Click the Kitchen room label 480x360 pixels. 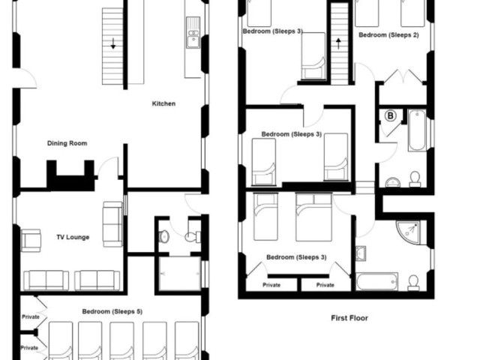[x=163, y=103]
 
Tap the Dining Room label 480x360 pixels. [x=67, y=143]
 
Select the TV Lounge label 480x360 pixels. [x=73, y=237]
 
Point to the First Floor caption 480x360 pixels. [x=349, y=318]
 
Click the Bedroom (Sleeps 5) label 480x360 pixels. [x=112, y=312]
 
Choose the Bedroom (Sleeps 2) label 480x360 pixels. [x=388, y=35]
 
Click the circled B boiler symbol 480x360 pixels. [x=390, y=115]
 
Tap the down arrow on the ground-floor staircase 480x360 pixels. [x=113, y=43]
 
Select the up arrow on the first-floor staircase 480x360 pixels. [x=338, y=43]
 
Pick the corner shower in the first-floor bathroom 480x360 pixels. [x=409, y=232]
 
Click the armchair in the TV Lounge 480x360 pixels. [x=31, y=241]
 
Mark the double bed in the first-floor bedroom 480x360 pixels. [x=313, y=217]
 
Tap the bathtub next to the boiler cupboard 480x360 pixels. [x=417, y=130]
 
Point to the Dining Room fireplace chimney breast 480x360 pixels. [x=70, y=176]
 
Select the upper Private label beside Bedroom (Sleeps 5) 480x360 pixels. [x=31, y=316]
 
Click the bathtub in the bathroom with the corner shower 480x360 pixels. [x=377, y=282]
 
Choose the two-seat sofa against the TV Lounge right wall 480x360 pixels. [x=112, y=224]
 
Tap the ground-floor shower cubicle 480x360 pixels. [x=180, y=274]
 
